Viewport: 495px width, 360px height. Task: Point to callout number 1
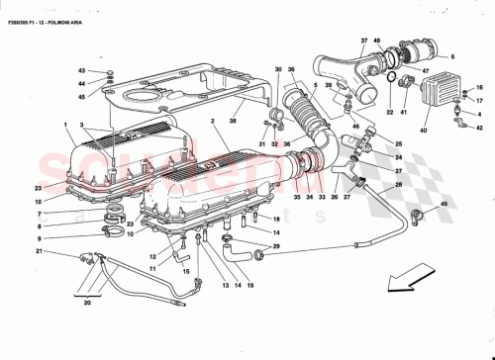pos(65,125)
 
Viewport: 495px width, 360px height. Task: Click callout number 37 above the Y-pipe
pos(364,41)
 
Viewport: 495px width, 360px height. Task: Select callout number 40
pos(423,131)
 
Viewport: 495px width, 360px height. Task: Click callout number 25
pos(399,145)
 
